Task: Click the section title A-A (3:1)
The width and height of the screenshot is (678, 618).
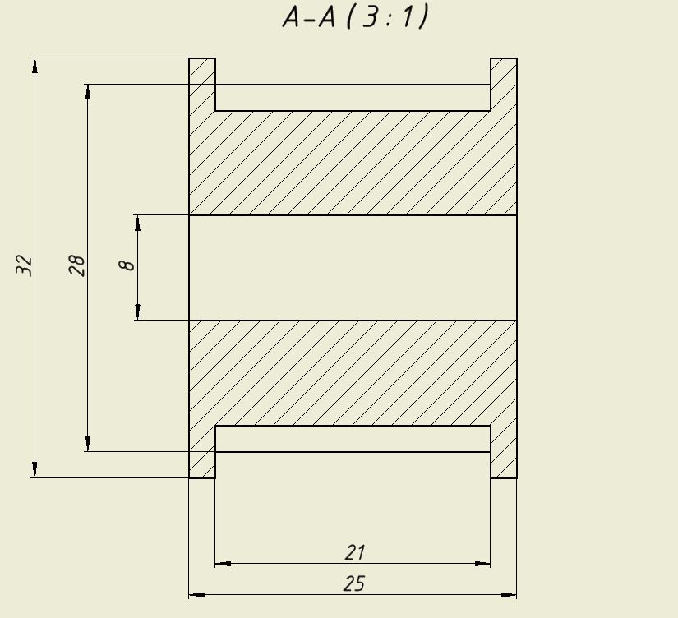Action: coord(355,17)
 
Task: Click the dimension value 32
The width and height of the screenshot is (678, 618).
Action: coord(25,265)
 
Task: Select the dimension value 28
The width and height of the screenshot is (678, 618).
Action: coord(77,265)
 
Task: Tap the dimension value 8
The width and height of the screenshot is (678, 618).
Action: coord(127,265)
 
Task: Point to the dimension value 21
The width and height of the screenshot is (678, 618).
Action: coord(355,552)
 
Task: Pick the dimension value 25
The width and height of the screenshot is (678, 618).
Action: coord(354,583)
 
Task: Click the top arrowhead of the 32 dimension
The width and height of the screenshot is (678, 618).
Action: coord(35,65)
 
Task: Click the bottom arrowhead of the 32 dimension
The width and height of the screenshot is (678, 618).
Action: coord(35,470)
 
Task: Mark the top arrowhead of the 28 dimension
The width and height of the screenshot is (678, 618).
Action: coord(88,91)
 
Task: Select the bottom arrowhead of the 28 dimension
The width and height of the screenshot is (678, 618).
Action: coord(88,444)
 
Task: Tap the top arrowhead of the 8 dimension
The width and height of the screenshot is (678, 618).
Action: coord(138,222)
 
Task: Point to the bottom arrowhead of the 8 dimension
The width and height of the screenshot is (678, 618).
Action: coord(138,312)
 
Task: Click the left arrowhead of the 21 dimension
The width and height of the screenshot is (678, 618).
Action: coord(223,564)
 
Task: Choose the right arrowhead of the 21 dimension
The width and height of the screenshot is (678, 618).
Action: coord(483,564)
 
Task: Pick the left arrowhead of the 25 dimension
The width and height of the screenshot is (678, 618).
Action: coord(196,594)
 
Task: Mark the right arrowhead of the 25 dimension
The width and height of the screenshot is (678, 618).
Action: coord(510,594)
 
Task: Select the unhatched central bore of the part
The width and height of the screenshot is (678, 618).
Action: coord(353,267)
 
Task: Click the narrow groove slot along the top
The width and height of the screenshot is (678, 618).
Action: coord(353,97)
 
